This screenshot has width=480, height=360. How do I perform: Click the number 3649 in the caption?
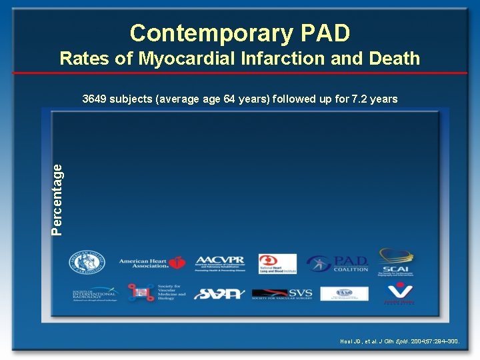tap(95, 99)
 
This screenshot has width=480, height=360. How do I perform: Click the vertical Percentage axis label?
tap(58, 199)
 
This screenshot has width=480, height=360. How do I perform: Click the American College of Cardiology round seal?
tap(86, 262)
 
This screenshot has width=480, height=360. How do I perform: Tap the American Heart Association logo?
tap(152, 263)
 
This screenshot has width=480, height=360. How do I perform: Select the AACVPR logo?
tap(220, 263)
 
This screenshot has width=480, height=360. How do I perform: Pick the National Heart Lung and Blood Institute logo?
tap(277, 263)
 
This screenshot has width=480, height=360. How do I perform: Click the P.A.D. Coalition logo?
tap(339, 263)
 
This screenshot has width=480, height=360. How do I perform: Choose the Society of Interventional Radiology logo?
tap(94, 293)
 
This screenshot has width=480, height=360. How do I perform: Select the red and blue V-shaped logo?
tap(399, 293)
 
